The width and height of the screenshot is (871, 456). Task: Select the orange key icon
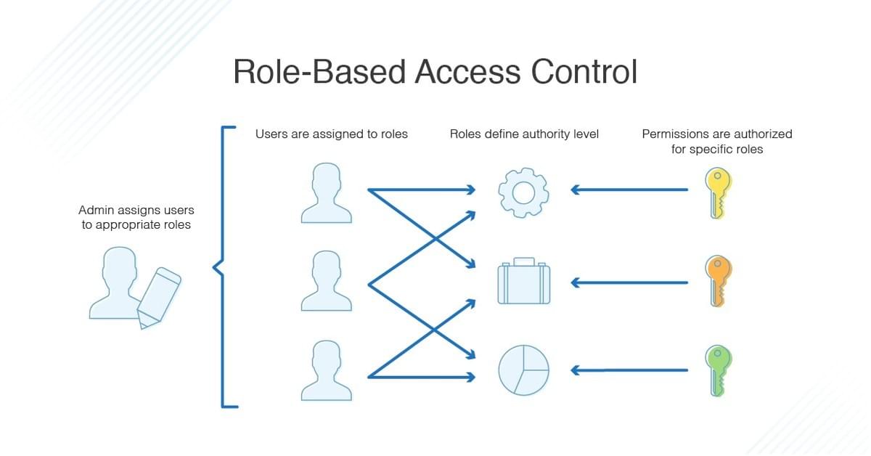[719, 281]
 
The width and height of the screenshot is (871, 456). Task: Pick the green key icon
[719, 370]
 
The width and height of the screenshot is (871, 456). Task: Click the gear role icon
[523, 191]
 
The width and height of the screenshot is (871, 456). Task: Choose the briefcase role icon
[523, 281]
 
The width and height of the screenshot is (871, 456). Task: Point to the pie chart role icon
[523, 370]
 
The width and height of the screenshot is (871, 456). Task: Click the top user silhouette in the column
[326, 193]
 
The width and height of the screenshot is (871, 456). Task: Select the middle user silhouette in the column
[326, 282]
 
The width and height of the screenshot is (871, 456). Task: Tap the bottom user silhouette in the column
[326, 370]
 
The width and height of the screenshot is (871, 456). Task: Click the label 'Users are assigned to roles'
[331, 134]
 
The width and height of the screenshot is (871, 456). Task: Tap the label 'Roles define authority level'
[524, 134]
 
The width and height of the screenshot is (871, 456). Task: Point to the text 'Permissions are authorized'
[717, 134]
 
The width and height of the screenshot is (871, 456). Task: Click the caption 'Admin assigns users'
[136, 211]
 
